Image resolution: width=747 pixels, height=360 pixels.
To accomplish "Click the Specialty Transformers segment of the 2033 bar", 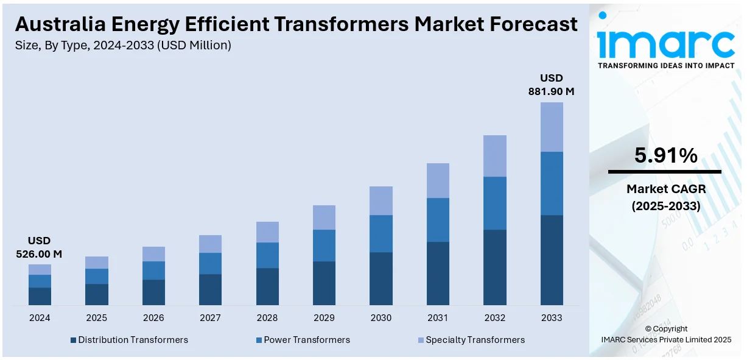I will pos(552,127).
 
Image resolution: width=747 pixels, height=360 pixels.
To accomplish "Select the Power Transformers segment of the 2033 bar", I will pos(552,183).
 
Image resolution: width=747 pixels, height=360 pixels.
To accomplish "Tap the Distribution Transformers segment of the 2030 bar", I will pos(381,278).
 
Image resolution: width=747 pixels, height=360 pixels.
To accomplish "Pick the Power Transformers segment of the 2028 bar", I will pos(267,255).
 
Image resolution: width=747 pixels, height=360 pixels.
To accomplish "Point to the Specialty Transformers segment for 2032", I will pos(495,156).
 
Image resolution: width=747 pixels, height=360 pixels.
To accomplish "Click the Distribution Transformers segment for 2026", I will pos(153,292).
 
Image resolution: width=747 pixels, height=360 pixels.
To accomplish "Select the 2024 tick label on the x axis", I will pos(40,318).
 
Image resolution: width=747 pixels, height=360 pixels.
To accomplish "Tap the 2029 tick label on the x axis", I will pos(324,318).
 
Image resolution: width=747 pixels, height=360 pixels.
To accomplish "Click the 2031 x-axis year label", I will pos(438,318).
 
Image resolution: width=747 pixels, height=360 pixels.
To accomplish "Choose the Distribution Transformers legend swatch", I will pos(74,340).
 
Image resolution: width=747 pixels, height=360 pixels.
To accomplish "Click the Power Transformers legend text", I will pos(307,340).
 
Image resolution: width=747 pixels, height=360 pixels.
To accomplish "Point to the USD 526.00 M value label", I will pos(39,247).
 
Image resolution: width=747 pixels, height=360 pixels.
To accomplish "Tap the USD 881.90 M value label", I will pos(551,85).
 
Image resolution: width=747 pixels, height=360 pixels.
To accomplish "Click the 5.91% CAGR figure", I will pos(665,156).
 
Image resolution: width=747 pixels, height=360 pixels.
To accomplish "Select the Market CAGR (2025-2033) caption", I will pos(665,198).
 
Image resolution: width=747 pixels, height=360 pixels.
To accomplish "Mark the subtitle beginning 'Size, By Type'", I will pos(123,45).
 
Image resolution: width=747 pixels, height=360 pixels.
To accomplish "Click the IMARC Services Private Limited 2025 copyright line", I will pos(666,339).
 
